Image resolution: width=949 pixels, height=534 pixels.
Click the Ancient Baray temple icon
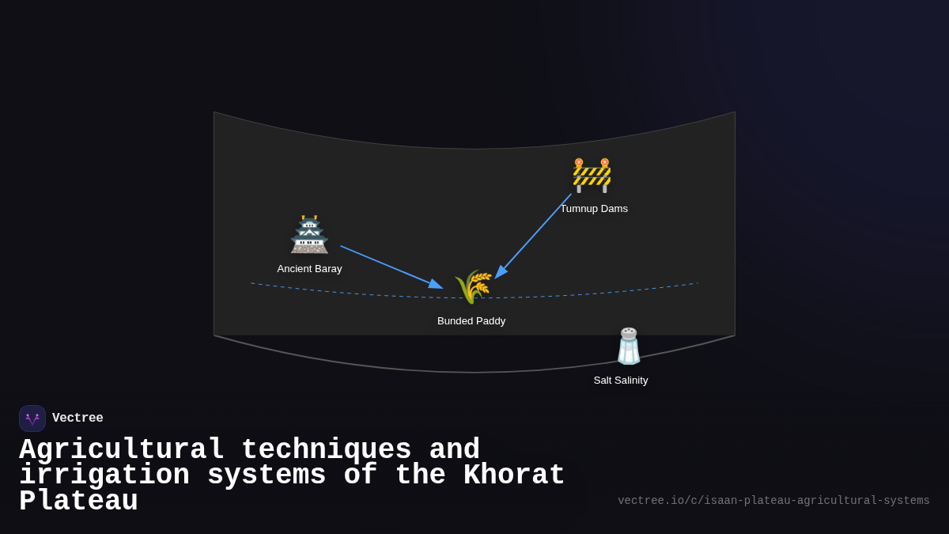[x=309, y=235]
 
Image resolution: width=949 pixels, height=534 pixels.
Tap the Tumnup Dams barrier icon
[x=592, y=175]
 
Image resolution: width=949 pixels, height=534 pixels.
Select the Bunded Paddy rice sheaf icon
[x=473, y=286]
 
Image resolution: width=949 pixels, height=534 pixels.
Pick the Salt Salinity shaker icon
[x=629, y=347]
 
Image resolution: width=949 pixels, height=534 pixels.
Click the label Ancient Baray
[x=309, y=269]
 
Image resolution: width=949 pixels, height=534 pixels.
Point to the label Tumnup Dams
[x=594, y=209]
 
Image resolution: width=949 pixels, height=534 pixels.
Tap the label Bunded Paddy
[x=471, y=321]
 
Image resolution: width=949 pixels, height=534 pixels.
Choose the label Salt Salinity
[x=621, y=381]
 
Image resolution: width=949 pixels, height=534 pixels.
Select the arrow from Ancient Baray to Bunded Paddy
[x=391, y=267]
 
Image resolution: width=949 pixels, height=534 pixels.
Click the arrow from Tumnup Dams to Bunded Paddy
[x=534, y=235]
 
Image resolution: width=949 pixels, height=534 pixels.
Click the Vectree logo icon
[x=32, y=418]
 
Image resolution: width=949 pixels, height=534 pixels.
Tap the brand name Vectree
[x=78, y=418]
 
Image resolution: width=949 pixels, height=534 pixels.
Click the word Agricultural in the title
[x=122, y=450]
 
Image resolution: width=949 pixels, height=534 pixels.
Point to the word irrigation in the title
[x=104, y=475]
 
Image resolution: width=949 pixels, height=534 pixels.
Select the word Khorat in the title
[x=514, y=475]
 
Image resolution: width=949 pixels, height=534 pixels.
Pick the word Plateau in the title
[x=78, y=502]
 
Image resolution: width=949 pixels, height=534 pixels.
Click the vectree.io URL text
[x=773, y=501]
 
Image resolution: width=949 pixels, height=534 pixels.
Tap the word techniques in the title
[x=326, y=450]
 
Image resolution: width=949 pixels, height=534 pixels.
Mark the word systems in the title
[x=267, y=475]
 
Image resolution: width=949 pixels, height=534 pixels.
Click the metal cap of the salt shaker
[x=629, y=333]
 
